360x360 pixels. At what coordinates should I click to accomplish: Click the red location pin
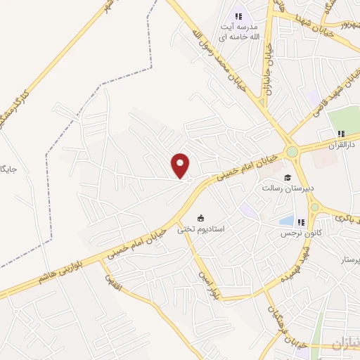(181, 165)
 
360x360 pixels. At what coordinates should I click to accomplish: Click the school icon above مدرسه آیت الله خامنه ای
(239, 16)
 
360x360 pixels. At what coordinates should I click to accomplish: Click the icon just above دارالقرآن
(341, 134)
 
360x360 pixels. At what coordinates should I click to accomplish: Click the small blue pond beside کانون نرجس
(286, 221)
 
